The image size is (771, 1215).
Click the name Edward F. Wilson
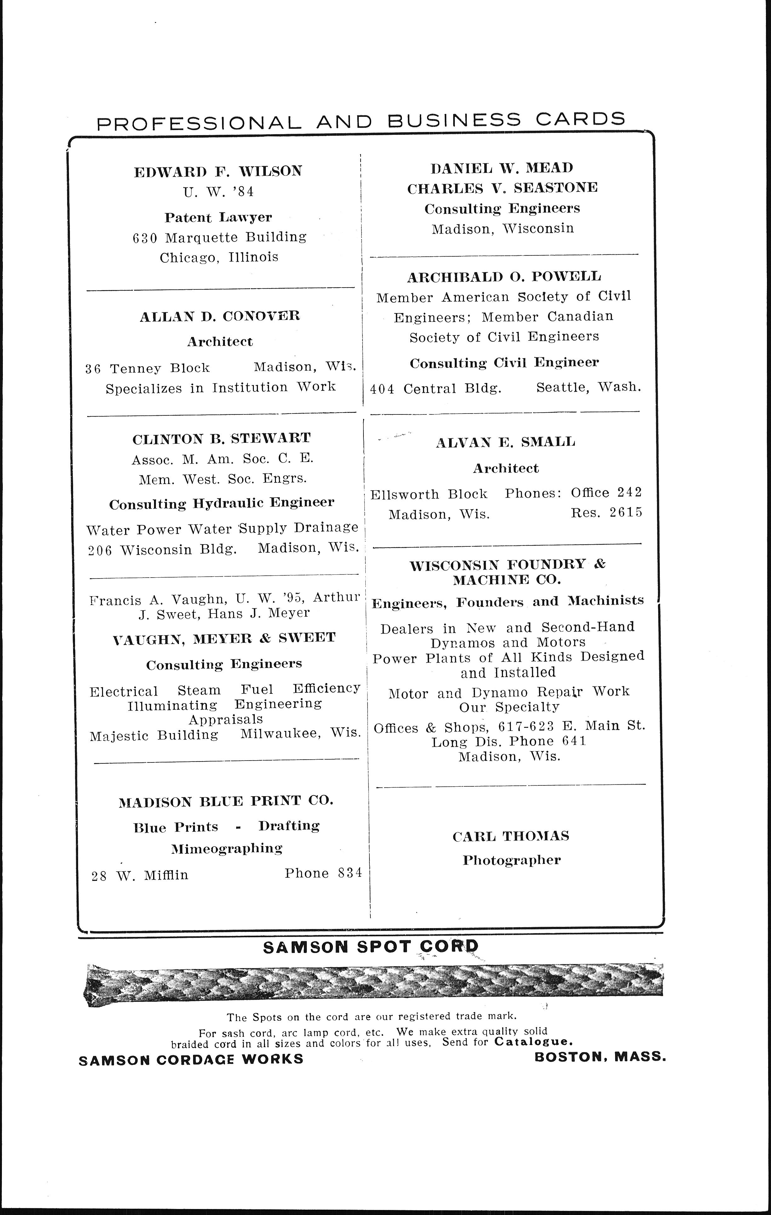click(x=218, y=172)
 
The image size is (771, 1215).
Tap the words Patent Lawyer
click(x=218, y=218)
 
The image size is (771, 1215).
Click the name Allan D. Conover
click(x=220, y=317)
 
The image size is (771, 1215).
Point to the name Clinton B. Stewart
click(x=221, y=438)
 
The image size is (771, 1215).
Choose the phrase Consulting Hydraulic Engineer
click(x=221, y=503)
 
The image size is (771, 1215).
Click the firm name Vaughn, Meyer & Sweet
click(x=224, y=638)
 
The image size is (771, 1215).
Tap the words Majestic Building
click(x=154, y=736)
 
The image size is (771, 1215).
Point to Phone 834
click(x=323, y=873)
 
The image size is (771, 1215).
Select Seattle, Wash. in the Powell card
click(x=588, y=387)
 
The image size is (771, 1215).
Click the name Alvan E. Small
click(x=505, y=442)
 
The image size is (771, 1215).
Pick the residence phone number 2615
click(x=626, y=513)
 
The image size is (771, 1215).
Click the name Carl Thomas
click(x=511, y=836)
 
